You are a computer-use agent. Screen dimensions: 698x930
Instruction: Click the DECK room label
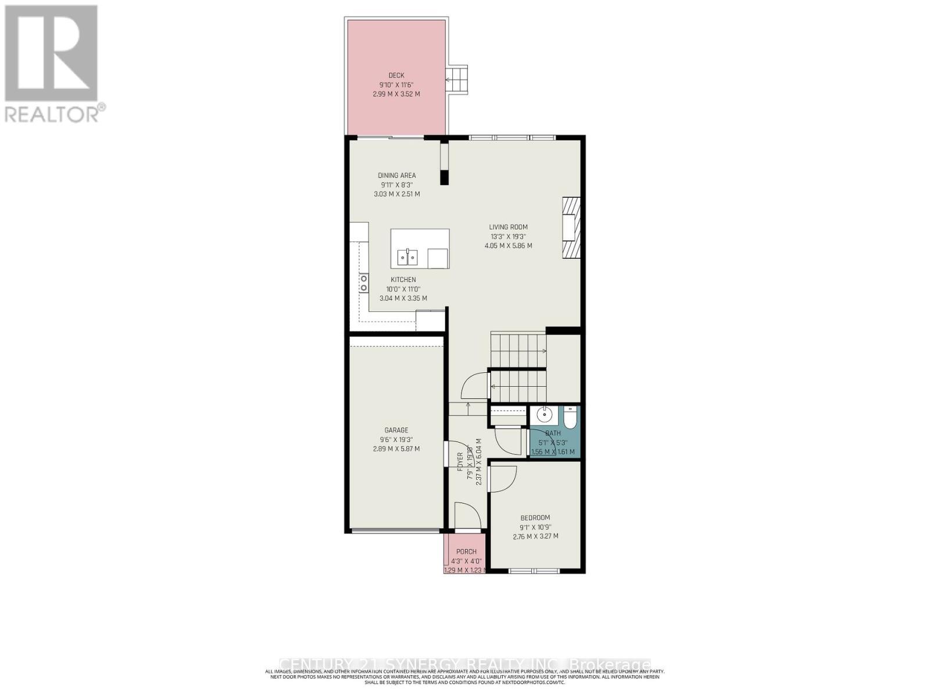click(396, 75)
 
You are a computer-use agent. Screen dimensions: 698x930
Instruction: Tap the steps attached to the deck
click(457, 78)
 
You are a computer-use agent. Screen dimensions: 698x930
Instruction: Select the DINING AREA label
click(396, 175)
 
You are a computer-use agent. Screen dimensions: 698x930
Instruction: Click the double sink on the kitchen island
click(407, 257)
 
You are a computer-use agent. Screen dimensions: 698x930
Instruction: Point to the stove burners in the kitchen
click(364, 283)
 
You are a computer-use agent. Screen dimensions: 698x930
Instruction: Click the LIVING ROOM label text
click(508, 227)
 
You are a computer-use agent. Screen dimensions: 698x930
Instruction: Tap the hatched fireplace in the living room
click(571, 227)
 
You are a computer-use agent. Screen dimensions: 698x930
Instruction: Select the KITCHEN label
click(403, 280)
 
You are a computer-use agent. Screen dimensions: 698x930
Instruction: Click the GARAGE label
click(396, 430)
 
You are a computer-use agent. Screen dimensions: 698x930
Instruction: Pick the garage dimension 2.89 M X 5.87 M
click(396, 449)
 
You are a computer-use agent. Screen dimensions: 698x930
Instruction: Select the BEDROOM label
click(535, 518)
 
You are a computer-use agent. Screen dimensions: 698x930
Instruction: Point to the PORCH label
click(466, 551)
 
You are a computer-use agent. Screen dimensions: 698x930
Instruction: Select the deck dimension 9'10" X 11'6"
click(396, 84)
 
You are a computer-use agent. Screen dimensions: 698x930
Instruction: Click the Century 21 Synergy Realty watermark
click(465, 664)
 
